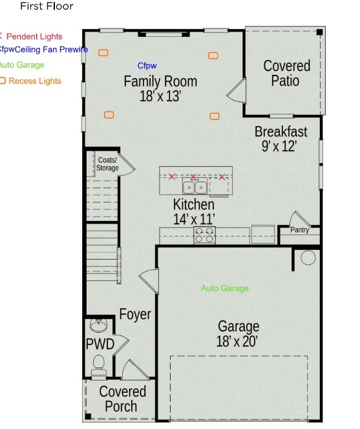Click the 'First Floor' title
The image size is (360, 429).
47,6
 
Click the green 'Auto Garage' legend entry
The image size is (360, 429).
21,65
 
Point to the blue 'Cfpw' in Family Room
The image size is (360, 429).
147,66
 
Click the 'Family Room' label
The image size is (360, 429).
160,82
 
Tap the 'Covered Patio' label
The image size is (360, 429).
286,73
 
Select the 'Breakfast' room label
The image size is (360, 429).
281,132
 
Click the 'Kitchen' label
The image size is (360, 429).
193,204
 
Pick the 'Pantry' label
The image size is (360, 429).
299,230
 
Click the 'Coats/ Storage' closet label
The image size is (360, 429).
107,164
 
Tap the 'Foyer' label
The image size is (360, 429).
135,315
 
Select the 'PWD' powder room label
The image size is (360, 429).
100,344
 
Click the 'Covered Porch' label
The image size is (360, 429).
122,399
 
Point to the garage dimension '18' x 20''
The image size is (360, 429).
238,342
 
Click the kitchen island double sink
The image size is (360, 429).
195,187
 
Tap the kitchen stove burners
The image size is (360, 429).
205,235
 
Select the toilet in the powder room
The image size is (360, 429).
99,365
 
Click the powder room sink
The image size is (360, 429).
98,324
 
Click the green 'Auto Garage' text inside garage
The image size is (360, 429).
224,288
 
